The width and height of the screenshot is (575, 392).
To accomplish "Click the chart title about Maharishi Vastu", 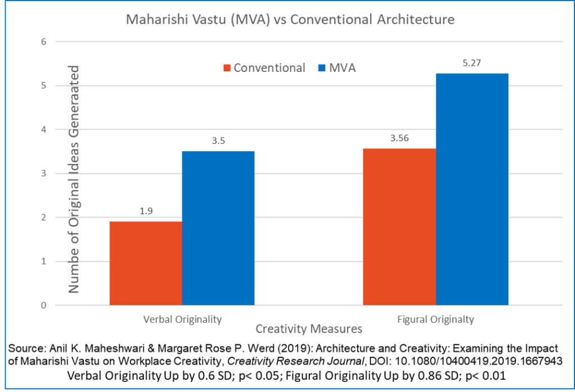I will [290, 20].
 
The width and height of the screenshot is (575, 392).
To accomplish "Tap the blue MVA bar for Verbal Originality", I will [218, 228].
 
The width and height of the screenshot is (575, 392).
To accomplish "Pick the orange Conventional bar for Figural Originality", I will [399, 227].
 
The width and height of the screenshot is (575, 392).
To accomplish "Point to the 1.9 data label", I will [145, 212].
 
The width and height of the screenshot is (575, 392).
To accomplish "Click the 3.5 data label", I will [218, 142].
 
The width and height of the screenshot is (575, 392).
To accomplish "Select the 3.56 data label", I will [399, 139].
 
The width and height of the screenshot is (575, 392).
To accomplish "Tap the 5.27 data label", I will [472, 63].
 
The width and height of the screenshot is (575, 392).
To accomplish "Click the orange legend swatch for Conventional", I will [227, 68].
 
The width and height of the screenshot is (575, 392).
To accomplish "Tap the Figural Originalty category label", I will [436, 320].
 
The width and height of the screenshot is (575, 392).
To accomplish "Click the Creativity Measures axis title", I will [308, 328].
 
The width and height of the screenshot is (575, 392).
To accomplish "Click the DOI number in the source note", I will [475, 359].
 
